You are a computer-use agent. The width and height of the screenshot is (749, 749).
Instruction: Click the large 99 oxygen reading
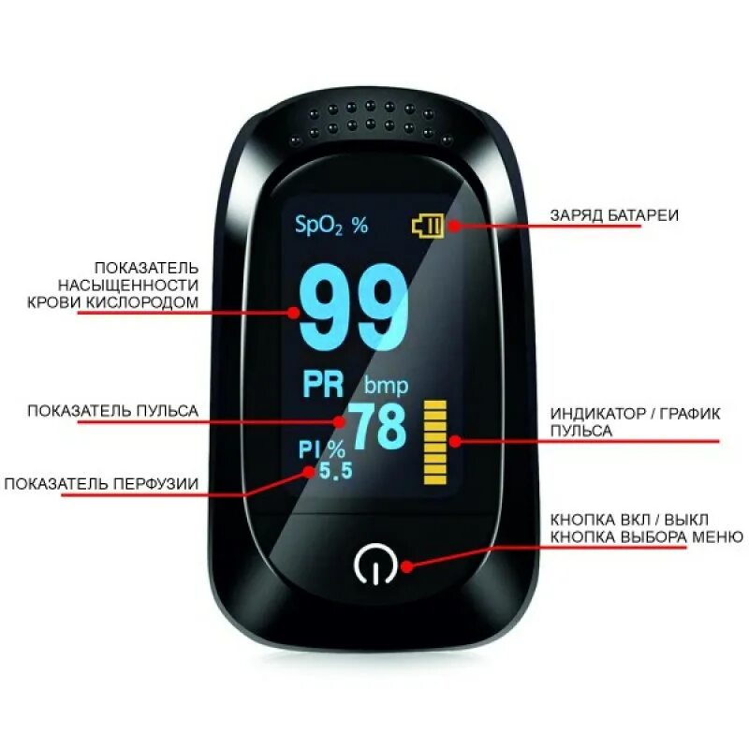tap(355, 306)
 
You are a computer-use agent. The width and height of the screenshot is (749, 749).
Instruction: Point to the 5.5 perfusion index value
tap(335, 471)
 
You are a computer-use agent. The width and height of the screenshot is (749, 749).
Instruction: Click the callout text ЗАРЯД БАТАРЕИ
tap(614, 215)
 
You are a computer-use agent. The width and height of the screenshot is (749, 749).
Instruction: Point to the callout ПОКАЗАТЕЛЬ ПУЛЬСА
tap(112, 410)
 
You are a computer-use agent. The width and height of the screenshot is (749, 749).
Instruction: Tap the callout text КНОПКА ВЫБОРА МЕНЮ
tap(647, 536)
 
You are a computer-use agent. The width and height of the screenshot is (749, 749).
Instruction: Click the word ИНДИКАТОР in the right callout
tap(596, 414)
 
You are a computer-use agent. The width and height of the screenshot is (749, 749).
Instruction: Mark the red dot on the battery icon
tap(453, 225)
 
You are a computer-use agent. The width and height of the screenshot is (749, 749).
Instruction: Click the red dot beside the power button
tap(408, 565)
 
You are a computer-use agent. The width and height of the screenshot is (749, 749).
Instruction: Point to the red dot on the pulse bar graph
tap(453, 439)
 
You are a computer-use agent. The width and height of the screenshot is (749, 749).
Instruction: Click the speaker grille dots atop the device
tap(374, 119)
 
